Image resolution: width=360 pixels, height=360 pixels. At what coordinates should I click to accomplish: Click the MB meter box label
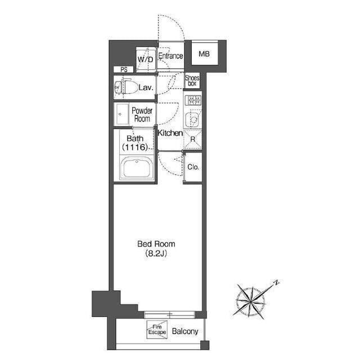[204, 54]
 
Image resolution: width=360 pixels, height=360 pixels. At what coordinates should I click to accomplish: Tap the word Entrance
[170, 56]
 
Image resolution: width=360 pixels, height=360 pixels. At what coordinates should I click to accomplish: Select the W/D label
[145, 60]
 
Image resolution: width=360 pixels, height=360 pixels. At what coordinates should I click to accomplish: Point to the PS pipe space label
[124, 70]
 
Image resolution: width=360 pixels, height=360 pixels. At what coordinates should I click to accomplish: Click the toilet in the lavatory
[126, 88]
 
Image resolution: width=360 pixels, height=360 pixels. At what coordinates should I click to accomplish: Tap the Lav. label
[146, 88]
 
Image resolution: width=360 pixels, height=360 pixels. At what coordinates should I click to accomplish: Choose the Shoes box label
[192, 80]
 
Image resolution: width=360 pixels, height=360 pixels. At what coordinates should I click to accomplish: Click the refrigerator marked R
[192, 139]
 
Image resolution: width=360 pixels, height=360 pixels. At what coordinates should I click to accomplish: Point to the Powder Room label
[142, 115]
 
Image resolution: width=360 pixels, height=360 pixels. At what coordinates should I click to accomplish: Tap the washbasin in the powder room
[122, 114]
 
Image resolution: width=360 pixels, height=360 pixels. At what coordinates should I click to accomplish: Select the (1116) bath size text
[134, 147]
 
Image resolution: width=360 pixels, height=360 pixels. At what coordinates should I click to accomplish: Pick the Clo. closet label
[193, 167]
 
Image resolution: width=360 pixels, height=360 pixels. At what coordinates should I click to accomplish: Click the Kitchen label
[170, 133]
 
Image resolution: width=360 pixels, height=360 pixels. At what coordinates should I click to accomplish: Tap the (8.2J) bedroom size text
[156, 253]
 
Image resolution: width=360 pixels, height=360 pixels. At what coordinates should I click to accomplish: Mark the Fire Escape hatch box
[157, 330]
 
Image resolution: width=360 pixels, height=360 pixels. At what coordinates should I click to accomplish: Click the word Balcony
[185, 331]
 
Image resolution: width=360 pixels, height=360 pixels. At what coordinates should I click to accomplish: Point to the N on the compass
[277, 282]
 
